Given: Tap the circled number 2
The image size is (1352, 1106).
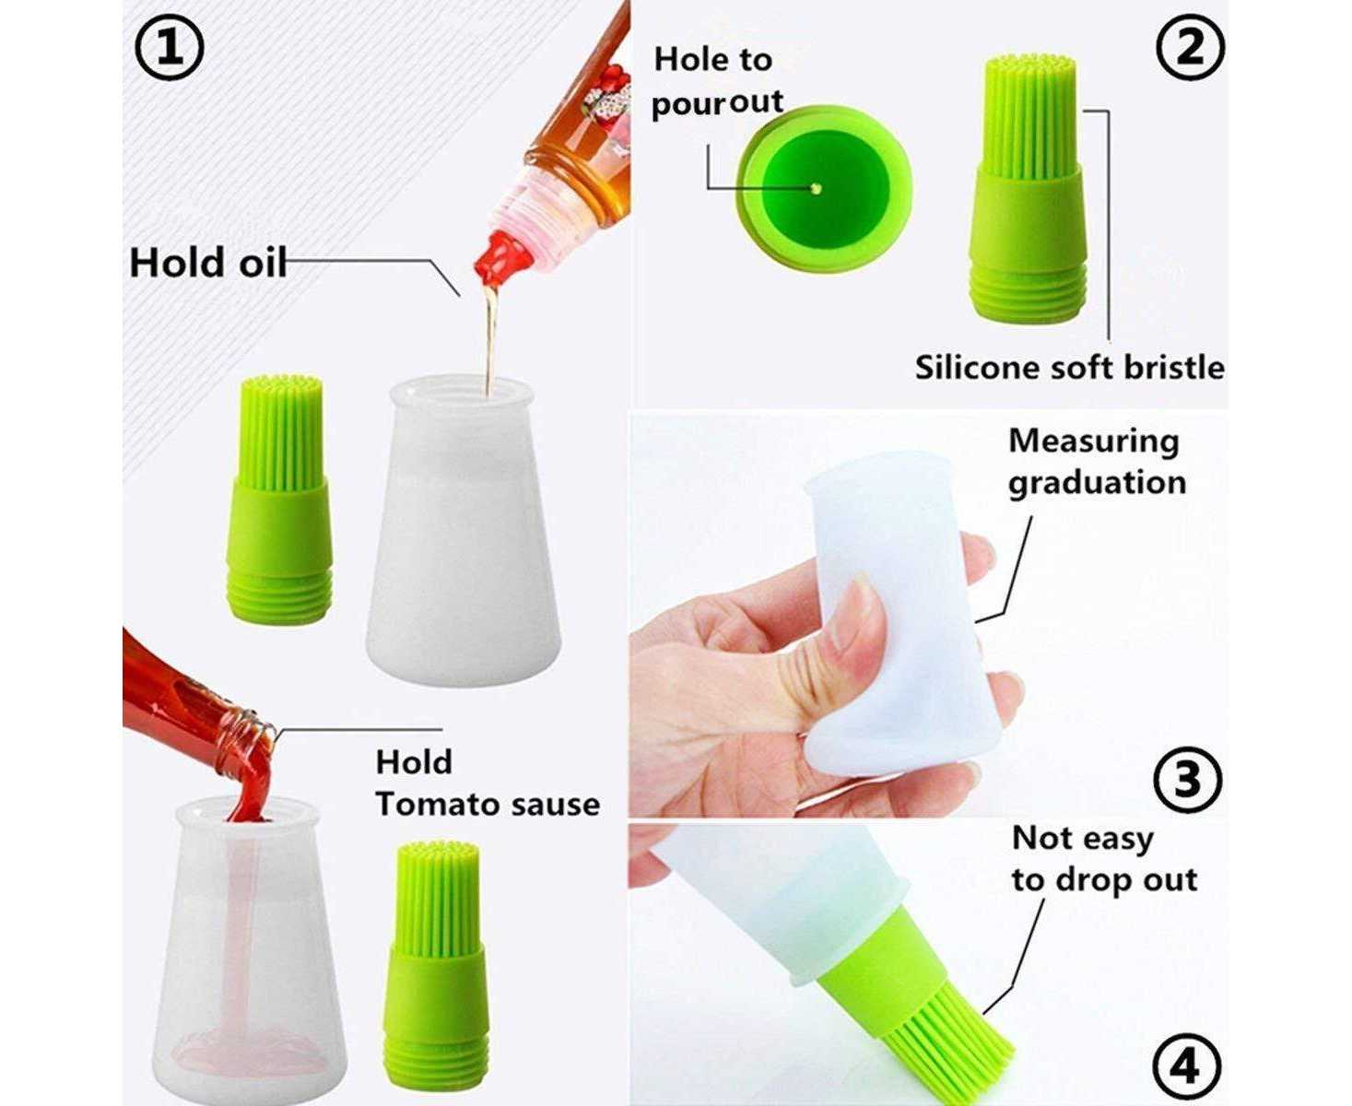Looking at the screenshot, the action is [1190, 48].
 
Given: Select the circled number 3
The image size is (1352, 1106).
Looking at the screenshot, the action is [1187, 780].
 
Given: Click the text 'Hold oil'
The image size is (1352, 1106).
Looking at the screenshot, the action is [207, 263].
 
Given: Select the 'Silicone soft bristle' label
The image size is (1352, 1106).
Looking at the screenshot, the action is [1069, 368].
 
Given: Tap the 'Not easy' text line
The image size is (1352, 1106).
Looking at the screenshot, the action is [1083, 840].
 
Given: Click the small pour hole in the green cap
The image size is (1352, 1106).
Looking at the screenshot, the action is [816, 189].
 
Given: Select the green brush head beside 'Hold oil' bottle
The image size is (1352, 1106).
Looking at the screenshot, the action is [280, 500].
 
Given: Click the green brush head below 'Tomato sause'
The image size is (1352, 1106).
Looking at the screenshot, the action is [438, 962].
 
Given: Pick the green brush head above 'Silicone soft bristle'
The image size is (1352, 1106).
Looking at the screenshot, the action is [1030, 189].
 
